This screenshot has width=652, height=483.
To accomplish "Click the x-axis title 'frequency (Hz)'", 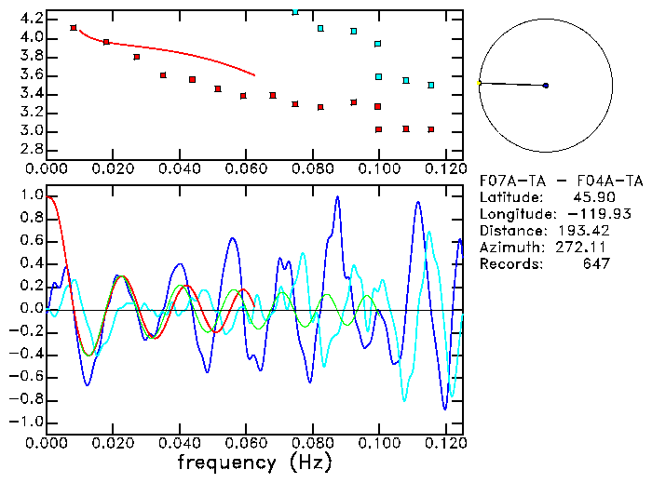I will coord(253,462).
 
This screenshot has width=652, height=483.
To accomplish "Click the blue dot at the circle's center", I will coord(546,86).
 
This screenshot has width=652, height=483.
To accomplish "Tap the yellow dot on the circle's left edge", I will coord(479,83).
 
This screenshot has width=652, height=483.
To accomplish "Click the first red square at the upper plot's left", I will coord(74,28).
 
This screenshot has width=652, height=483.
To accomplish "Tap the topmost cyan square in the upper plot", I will coord(295,11).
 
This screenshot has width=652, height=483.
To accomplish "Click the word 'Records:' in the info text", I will coord(509,264).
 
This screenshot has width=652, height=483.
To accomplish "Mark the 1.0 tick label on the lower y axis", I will coord(31,196).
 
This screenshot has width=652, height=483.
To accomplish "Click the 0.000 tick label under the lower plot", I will coord(47,441).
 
